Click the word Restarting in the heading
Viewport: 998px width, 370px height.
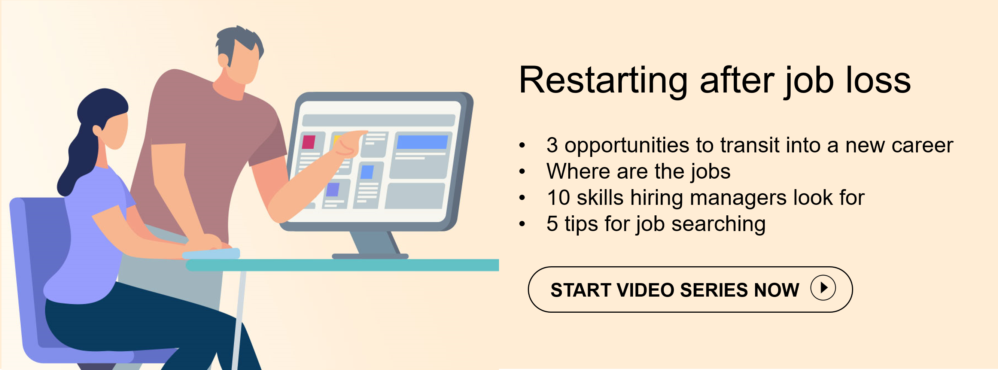[603, 81]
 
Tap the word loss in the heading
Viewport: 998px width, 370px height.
[878, 80]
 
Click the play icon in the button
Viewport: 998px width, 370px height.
[823, 288]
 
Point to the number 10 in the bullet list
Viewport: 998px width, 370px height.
[558, 198]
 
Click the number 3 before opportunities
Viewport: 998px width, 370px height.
[552, 145]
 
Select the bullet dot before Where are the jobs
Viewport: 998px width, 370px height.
[522, 171]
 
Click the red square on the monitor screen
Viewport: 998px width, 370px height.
[308, 142]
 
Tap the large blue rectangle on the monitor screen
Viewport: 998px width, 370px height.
[422, 142]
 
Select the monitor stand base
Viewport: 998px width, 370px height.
[370, 256]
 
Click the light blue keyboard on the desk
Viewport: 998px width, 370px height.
[211, 254]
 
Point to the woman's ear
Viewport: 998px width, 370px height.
[97, 131]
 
